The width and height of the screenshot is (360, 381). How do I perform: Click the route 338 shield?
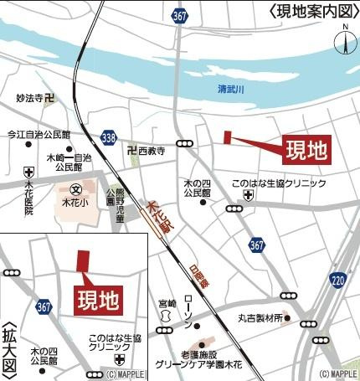click(x=108, y=136)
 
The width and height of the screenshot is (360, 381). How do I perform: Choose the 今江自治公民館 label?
click(x=39, y=135)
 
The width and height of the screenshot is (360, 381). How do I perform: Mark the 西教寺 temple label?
click(x=152, y=152)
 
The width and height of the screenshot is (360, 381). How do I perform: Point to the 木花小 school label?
click(x=80, y=202)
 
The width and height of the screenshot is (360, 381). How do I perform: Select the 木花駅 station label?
click(x=156, y=215)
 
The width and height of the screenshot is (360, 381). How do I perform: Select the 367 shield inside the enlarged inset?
click(x=44, y=307)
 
